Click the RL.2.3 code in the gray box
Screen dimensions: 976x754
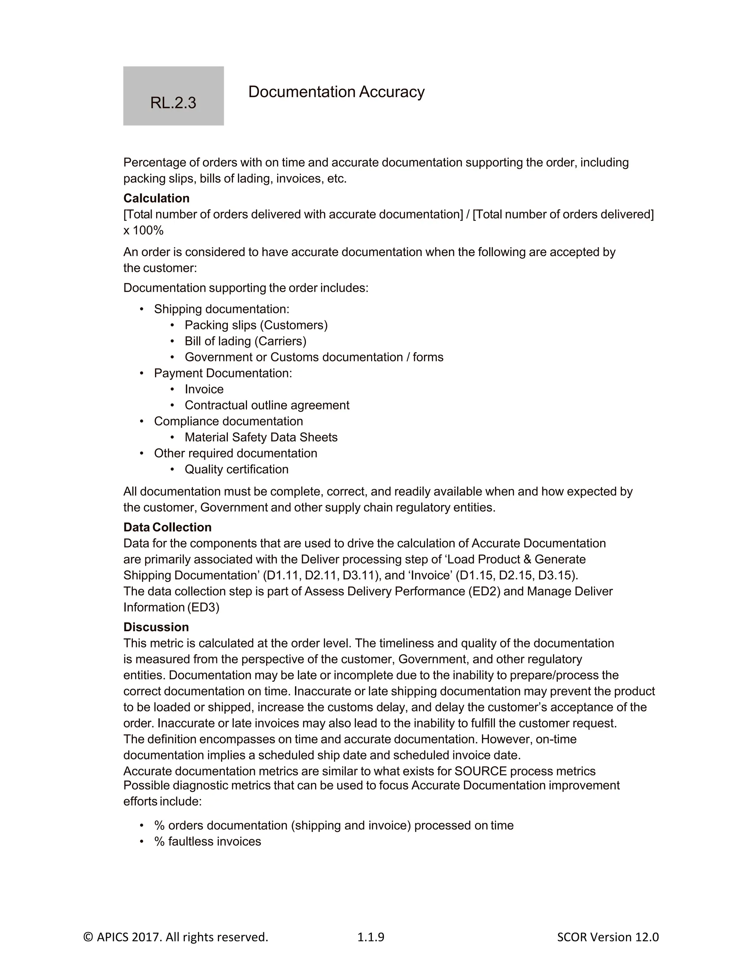tap(173, 103)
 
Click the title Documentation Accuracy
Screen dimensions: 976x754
tap(336, 92)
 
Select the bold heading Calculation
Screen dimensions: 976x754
tap(156, 198)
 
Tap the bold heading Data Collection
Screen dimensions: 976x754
tap(167, 527)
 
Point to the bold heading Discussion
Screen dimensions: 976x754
tap(156, 626)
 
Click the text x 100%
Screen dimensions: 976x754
tap(143, 230)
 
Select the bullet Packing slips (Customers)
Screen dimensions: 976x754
tap(256, 325)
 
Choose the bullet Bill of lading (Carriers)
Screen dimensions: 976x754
tap(245, 341)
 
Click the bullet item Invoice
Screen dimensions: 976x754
tap(204, 389)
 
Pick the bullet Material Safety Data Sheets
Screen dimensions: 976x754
tap(261, 437)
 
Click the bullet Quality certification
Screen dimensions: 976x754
tap(236, 469)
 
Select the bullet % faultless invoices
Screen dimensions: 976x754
tap(207, 841)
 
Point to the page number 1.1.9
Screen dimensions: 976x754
tap(370, 937)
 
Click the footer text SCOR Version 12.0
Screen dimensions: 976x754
tap(607, 937)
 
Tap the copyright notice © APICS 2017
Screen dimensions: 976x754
tap(176, 937)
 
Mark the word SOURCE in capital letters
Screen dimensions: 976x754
tap(480, 771)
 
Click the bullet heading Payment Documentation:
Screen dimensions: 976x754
tap(222, 373)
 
